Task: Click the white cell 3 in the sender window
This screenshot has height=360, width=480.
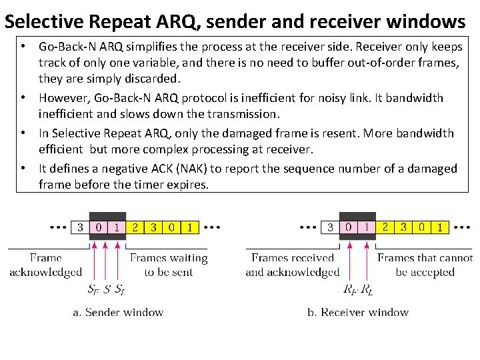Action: click(80, 227)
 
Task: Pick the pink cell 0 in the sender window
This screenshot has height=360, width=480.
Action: click(99, 227)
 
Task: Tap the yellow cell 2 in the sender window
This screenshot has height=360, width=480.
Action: click(135, 227)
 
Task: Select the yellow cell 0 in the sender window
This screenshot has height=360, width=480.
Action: click(172, 227)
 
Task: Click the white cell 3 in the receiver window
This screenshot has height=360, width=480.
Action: click(330, 227)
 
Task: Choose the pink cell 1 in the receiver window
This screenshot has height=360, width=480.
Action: click(367, 227)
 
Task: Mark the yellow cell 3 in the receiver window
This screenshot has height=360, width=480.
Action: click(403, 227)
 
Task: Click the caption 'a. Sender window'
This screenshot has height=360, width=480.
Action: click(118, 312)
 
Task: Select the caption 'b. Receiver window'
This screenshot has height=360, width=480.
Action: click(358, 312)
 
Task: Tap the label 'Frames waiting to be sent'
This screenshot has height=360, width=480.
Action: click(168, 265)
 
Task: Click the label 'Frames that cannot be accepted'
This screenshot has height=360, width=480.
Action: click(425, 265)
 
